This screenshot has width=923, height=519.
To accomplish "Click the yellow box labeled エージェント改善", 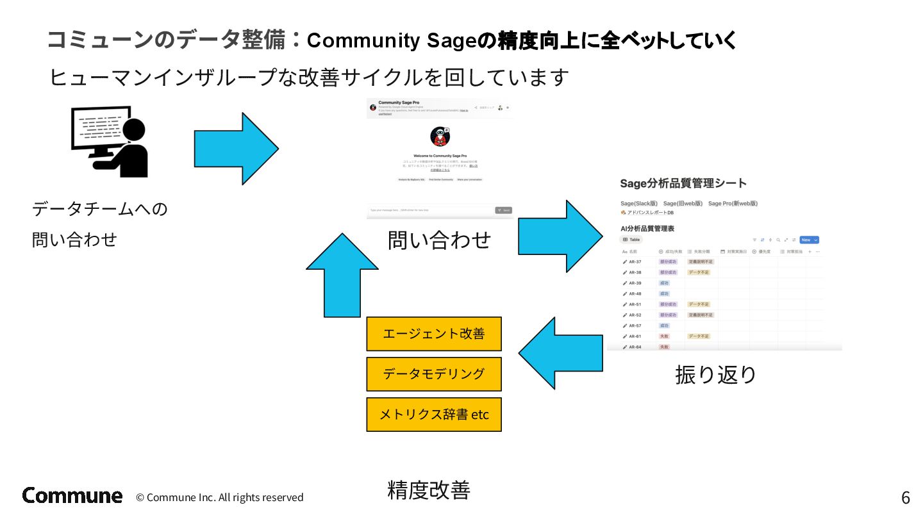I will (433, 334).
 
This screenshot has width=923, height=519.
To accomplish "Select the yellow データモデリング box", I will (433, 374).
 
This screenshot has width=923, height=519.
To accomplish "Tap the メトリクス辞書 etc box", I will (433, 415).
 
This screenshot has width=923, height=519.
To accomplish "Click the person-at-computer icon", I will (110, 142).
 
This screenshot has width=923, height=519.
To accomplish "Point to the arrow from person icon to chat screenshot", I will (236, 149).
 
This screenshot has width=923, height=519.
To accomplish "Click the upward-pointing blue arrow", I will (342, 276).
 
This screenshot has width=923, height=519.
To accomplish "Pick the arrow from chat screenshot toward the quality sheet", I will (560, 236).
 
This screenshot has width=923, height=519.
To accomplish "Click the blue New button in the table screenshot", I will (808, 240).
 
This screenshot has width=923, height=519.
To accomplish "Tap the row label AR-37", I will (635, 261).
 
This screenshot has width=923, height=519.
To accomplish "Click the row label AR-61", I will (635, 336).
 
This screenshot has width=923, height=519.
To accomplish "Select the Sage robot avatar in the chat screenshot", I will (440, 137).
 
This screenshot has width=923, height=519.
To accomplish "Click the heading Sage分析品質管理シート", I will (683, 183).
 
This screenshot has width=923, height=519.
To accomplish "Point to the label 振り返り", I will (715, 374).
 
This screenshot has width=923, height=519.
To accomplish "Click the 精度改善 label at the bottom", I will (429, 490).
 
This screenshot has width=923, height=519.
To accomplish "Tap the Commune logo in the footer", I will (72, 495).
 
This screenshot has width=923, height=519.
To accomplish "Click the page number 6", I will (905, 498).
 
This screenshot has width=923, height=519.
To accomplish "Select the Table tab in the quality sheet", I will (631, 240).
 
